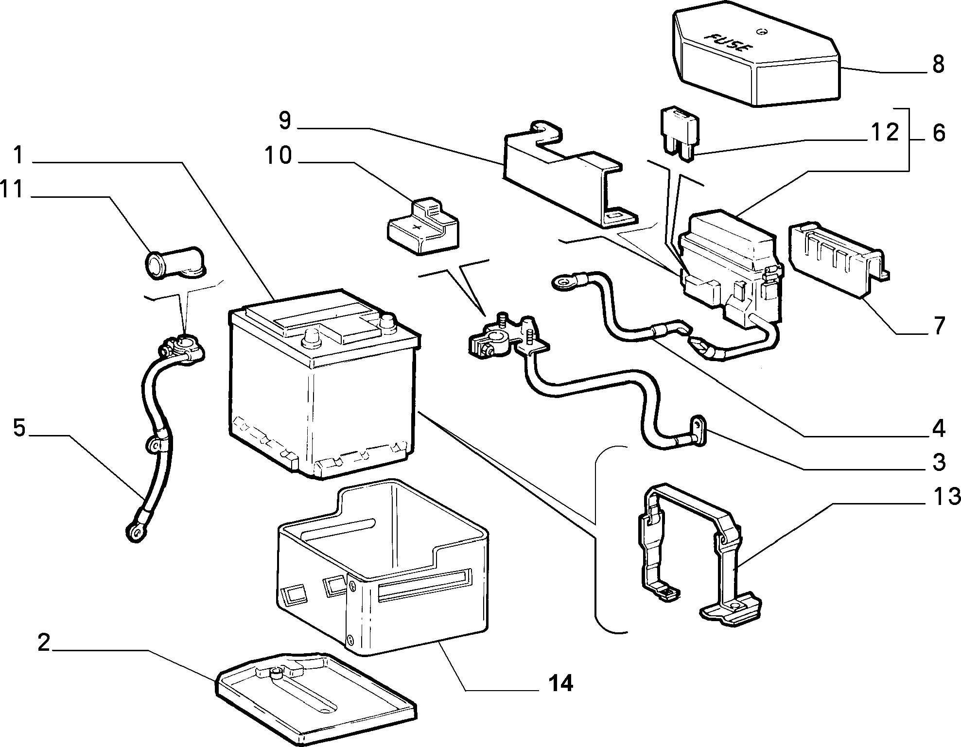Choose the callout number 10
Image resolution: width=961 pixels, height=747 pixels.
[x=278, y=156]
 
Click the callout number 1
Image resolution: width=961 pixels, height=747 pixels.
[x=18, y=156]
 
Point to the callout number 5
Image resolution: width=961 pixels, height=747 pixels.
[x=19, y=429]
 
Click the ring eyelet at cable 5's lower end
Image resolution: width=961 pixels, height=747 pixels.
[x=135, y=533]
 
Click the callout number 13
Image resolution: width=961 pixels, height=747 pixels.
[x=945, y=496]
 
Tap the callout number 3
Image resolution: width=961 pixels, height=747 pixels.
[x=939, y=462]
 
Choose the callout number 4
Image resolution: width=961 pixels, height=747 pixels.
[x=939, y=428]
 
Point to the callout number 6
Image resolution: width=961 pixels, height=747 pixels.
[x=938, y=132]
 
